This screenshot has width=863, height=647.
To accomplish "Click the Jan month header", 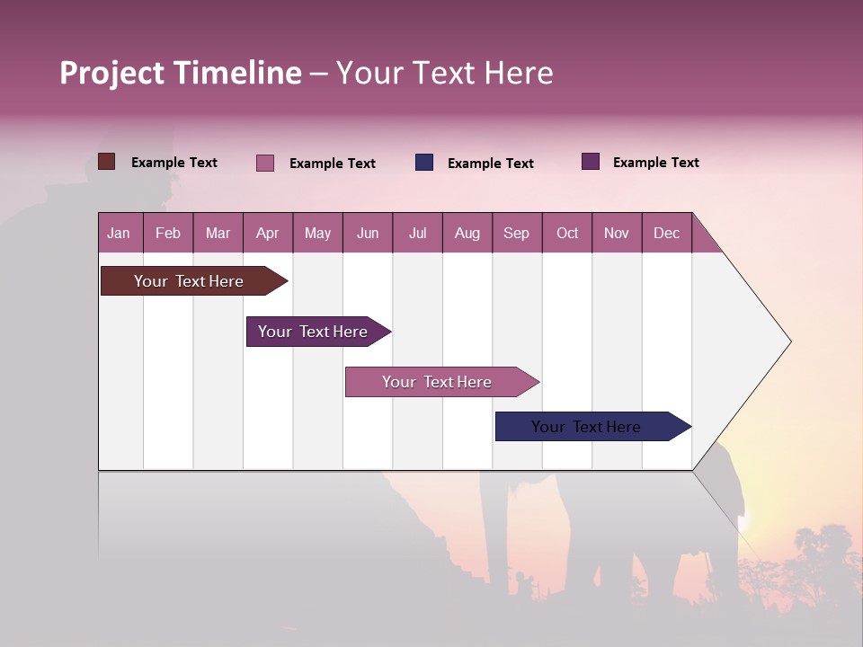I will [119, 234].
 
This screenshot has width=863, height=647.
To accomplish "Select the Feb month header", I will [168, 234].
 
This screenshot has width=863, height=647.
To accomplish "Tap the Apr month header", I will [267, 234].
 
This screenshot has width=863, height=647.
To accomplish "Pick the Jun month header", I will [368, 234].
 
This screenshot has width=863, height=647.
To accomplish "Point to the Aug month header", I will [467, 234].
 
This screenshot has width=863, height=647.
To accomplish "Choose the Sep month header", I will [516, 234].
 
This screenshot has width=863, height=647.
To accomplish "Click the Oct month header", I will [567, 234].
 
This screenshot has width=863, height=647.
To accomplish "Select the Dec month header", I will [666, 234].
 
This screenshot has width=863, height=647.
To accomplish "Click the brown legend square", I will [107, 162].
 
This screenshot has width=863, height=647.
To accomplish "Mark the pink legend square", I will [265, 163].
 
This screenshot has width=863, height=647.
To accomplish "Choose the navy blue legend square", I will [424, 163].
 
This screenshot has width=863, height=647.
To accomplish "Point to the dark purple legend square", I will [591, 162].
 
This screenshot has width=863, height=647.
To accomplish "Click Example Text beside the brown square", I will [174, 163].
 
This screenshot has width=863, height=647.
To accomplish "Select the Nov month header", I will [617, 234].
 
